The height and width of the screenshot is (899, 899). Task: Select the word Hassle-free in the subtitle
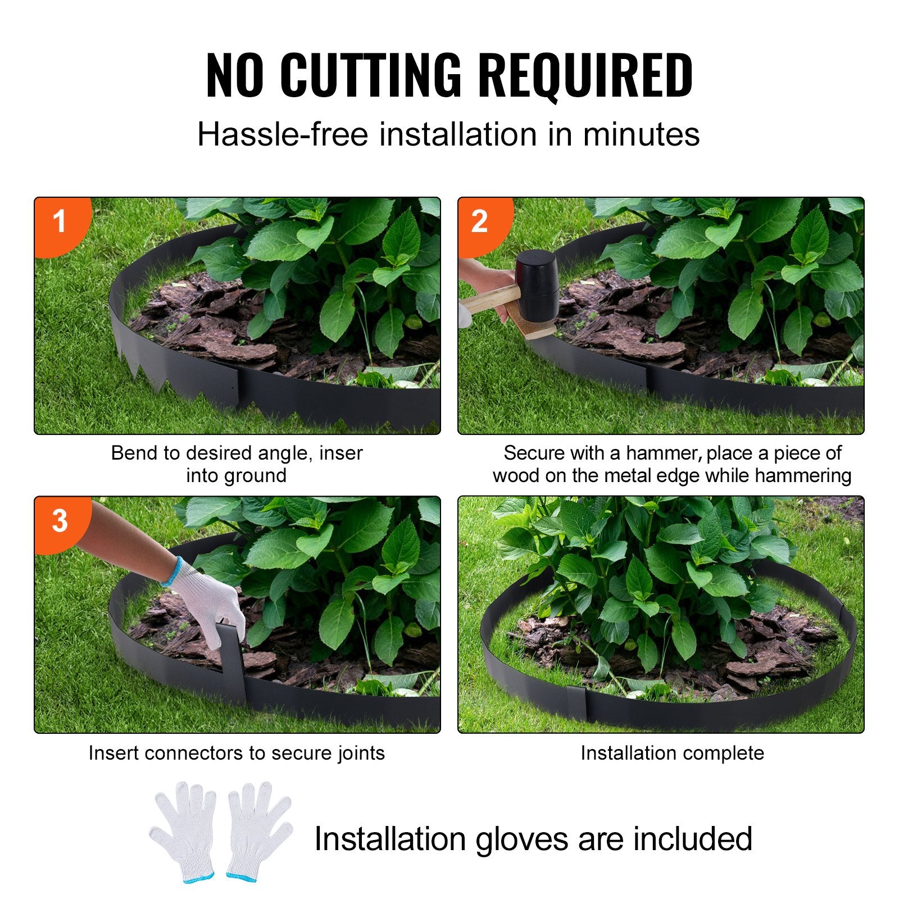(x=283, y=135)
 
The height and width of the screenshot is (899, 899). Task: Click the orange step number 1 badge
(x=60, y=221)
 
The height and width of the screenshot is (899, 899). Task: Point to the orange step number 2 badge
(x=479, y=221)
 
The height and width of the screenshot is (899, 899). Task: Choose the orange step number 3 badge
(x=60, y=521)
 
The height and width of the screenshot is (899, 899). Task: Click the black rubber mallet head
(x=537, y=285)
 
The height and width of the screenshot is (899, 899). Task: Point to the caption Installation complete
(x=672, y=753)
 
